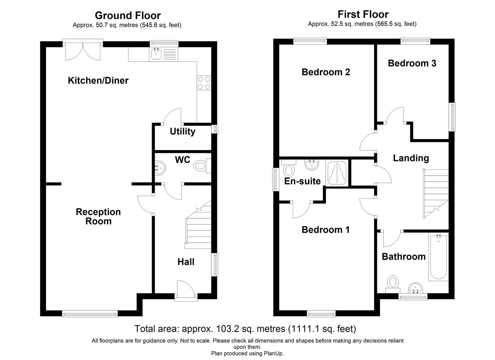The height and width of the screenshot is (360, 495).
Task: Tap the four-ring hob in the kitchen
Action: [x=204, y=83]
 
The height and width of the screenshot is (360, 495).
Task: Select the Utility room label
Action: [x=182, y=132]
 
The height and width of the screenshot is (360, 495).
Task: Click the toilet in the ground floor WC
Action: [x=201, y=166]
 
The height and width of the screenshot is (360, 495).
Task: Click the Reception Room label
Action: [x=98, y=217]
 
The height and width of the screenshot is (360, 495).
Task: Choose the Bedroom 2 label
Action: [x=326, y=72]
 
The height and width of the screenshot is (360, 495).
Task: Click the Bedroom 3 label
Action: [x=412, y=63]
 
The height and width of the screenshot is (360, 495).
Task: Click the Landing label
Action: [x=411, y=158]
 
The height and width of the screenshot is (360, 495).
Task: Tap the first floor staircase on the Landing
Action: [x=436, y=193]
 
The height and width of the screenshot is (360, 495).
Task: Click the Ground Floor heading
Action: [x=128, y=16]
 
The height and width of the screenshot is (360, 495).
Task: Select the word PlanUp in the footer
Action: [x=273, y=353]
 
